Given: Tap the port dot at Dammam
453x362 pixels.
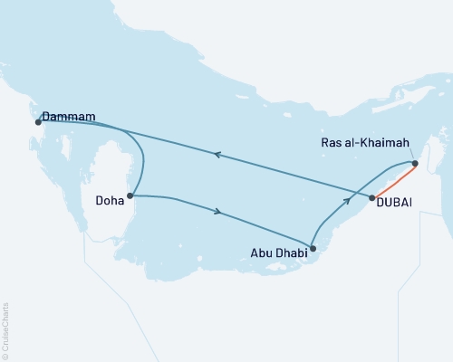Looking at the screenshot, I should point(38,121).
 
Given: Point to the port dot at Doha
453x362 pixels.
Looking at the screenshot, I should point(132,195).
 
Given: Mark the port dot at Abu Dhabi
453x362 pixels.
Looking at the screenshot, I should point(313,246).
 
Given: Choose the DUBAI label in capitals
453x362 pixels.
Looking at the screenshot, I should point(393,203).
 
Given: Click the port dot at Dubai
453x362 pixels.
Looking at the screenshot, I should point(372,196).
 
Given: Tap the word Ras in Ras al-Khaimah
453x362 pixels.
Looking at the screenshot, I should point(334,142).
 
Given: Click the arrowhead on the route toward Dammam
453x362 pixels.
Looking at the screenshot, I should point(216,155).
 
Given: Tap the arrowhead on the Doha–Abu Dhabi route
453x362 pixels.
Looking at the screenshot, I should point(217,213).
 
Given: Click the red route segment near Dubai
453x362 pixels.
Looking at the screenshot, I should point(396,180).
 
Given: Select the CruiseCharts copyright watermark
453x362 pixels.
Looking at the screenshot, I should point(6,330).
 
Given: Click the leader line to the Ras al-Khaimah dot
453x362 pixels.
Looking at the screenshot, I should point(411,156).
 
